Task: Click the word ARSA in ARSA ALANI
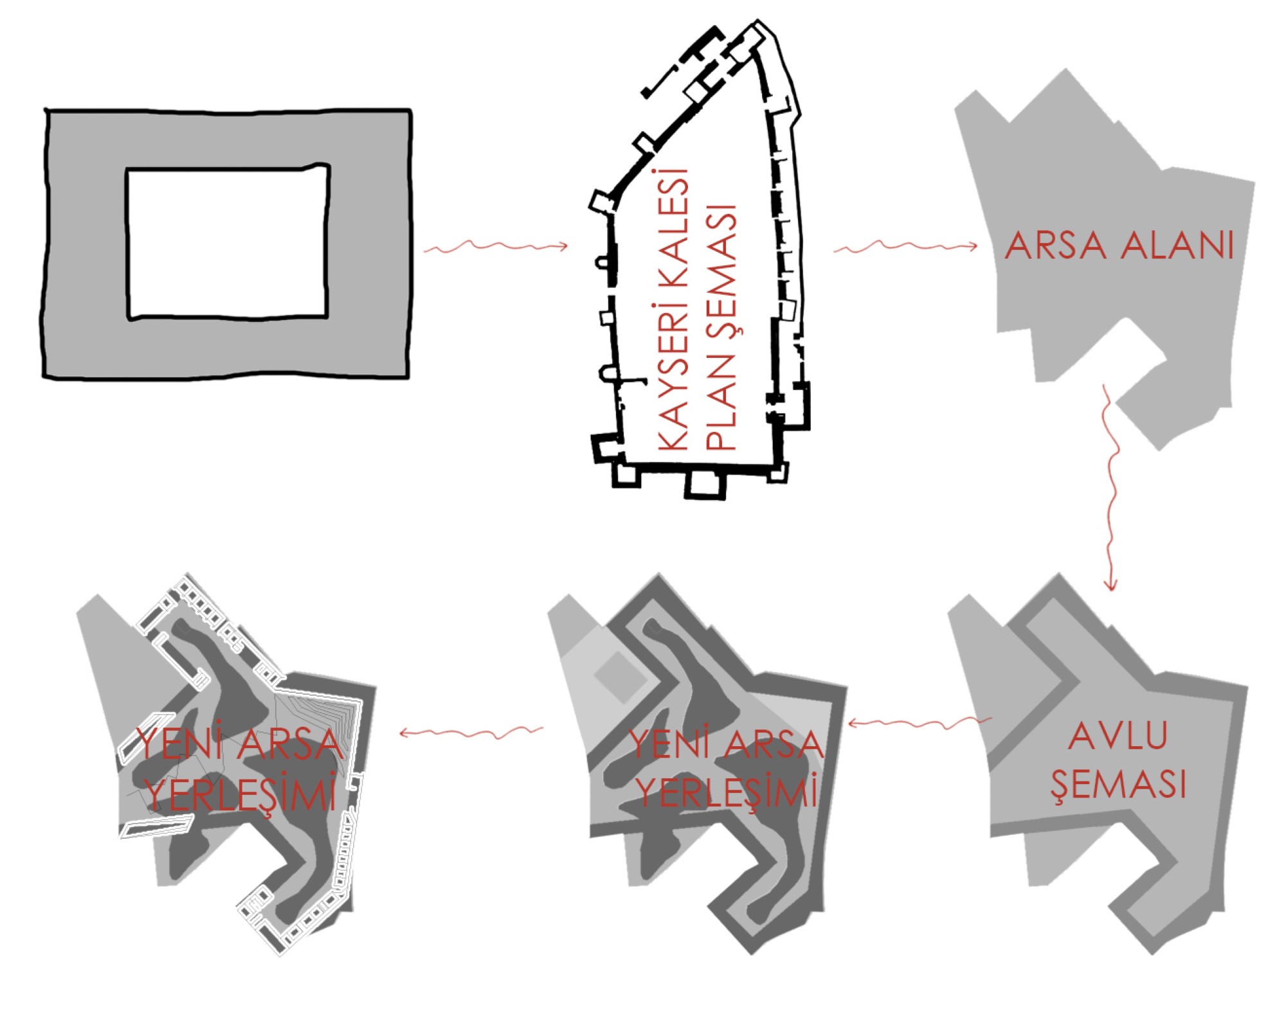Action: [x=1055, y=245]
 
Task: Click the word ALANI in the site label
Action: [x=1178, y=245]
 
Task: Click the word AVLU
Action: [x=1118, y=736]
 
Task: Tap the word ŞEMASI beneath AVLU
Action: [x=1118, y=785]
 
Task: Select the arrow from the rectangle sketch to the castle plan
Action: [x=496, y=247]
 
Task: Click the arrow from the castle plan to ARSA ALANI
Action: [x=905, y=247]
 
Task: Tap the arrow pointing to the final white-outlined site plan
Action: [x=471, y=732]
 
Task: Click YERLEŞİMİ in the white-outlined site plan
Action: [x=240, y=794]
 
